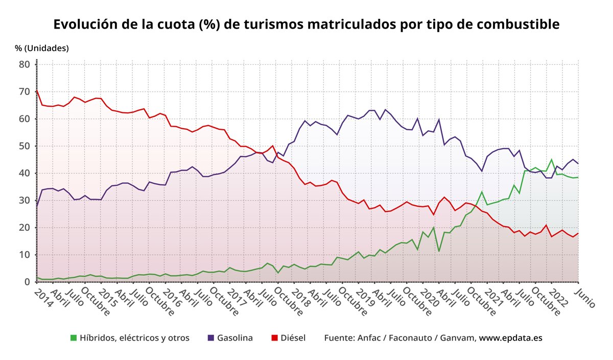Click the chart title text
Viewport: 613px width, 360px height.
click(306, 25)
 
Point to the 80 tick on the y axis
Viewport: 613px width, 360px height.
click(25, 64)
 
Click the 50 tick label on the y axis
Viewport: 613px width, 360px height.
click(25, 146)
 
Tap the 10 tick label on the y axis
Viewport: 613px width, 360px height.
click(25, 255)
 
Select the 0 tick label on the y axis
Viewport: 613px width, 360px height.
click(27, 282)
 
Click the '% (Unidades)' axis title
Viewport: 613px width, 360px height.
click(42, 48)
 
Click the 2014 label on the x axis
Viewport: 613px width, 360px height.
click(43, 298)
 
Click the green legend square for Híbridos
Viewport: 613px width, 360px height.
click(74, 338)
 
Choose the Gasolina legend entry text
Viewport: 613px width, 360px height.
click(235, 338)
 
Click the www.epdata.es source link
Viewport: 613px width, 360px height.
click(510, 338)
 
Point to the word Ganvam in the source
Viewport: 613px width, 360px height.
click(461, 338)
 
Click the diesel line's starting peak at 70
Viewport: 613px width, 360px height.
click(37, 91)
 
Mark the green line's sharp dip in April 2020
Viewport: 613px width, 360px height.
click(439, 251)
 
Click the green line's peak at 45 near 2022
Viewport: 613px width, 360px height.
click(551, 159)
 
